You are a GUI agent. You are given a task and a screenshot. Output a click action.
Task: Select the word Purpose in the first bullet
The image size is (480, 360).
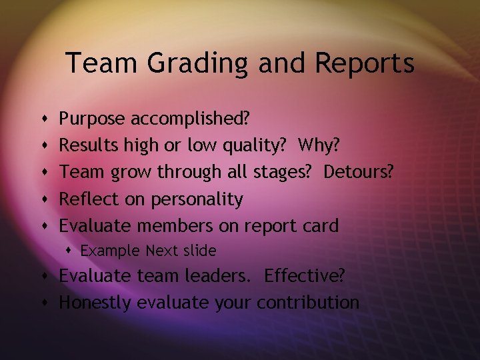(93, 119)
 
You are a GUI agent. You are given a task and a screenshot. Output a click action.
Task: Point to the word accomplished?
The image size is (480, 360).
(190, 119)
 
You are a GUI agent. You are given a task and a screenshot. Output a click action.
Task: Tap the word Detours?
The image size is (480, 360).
(359, 172)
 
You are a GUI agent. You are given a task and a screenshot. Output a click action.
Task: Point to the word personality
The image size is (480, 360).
(197, 199)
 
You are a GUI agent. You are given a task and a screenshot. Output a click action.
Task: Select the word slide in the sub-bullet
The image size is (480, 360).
(199, 251)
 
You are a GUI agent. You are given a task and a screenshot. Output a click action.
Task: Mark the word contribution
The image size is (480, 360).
(308, 303)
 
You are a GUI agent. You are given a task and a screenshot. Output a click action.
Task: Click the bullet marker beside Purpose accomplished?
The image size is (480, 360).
(43, 120)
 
